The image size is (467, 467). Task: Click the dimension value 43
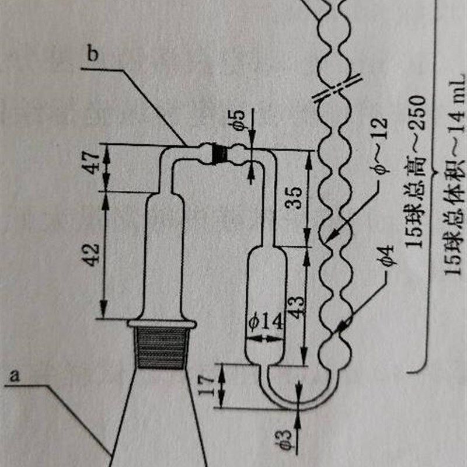coord(295,304)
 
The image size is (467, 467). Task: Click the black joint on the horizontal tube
coord(219,153)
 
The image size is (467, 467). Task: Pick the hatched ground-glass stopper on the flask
coord(161,348)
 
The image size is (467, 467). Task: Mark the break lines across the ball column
coord(336,88)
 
